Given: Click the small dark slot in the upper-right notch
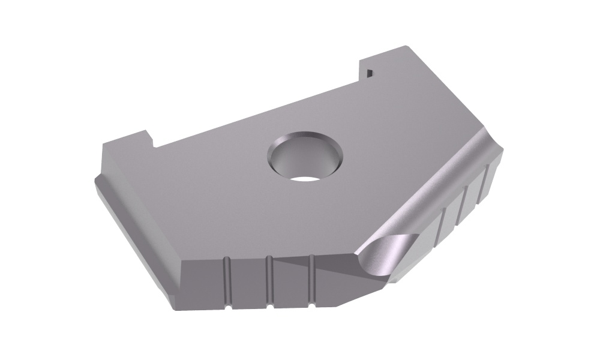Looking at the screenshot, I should tap(370, 73).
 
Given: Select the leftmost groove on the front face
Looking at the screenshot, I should tap(227, 282).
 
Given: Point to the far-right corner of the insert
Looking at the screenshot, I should tap(503, 152).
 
